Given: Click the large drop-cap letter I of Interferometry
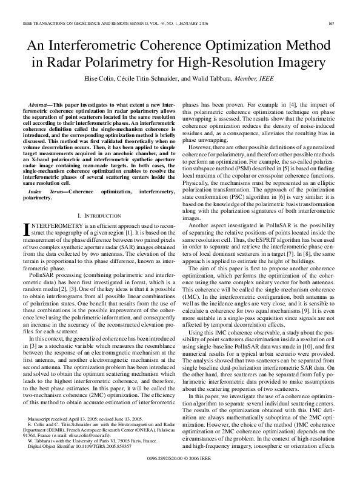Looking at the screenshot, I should pyautogui.click(x=26, y=228).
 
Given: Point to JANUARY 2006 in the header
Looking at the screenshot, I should pyautogui.click(x=157, y=23).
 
